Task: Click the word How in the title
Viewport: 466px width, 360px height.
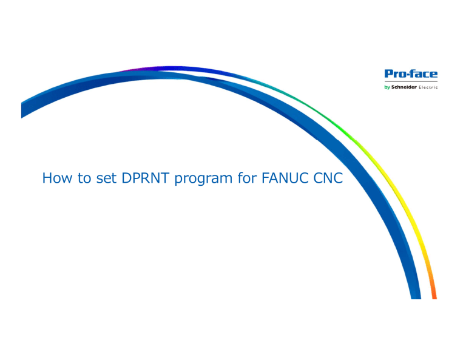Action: pyautogui.click(x=57, y=178)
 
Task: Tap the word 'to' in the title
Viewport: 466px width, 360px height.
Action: pyautogui.click(x=84, y=178)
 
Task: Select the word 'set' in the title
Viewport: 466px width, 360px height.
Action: pyautogui.click(x=106, y=178)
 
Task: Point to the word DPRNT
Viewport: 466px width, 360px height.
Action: pyautogui.click(x=146, y=178)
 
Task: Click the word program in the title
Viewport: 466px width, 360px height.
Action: pyautogui.click(x=203, y=179)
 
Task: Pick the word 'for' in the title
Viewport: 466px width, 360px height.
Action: pyautogui.click(x=247, y=178)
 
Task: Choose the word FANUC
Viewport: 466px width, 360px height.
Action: pyautogui.click(x=285, y=178)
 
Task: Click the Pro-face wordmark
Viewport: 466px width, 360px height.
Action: pyautogui.click(x=411, y=73)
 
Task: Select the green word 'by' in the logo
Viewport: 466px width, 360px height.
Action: pyautogui.click(x=387, y=87)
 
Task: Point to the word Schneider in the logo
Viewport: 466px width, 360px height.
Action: pyautogui.click(x=404, y=87)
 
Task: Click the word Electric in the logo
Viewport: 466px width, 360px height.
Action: pyautogui.click(x=428, y=87)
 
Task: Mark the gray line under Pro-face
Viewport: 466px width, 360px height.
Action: pyautogui.click(x=411, y=81)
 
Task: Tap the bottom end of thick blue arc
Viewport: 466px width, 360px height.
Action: pyautogui.click(x=416, y=298)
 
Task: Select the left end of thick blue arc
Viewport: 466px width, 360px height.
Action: pyautogui.click(x=22, y=110)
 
